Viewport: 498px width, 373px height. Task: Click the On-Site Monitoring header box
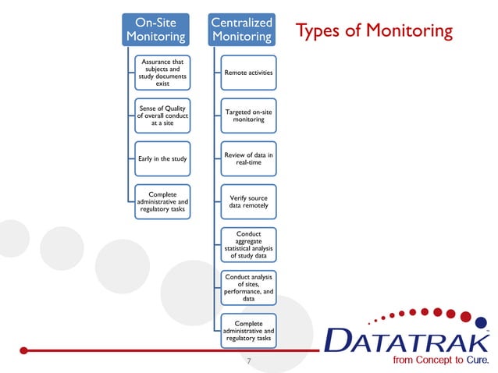pyautogui.click(x=156, y=29)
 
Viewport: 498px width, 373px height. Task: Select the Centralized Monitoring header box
pyautogui.click(x=241, y=29)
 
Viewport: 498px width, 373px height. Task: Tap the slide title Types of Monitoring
pyautogui.click(x=373, y=31)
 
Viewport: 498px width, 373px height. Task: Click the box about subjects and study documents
pyautogui.click(x=162, y=73)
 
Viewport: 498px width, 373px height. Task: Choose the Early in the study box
pyautogui.click(x=162, y=160)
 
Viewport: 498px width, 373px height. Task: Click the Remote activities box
pyautogui.click(x=248, y=73)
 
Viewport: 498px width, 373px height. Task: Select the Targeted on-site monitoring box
pyautogui.click(x=248, y=116)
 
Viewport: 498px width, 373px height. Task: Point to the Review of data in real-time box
pyautogui.click(x=248, y=159)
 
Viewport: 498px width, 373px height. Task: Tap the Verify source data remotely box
pyautogui.click(x=248, y=203)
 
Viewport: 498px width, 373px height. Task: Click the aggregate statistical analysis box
pyautogui.click(x=248, y=245)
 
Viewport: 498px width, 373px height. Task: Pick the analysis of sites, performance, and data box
pyautogui.click(x=248, y=288)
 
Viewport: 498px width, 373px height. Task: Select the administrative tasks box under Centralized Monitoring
pyautogui.click(x=248, y=331)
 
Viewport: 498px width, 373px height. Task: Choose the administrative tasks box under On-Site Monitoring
pyautogui.click(x=162, y=203)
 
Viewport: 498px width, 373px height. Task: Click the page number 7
pyautogui.click(x=248, y=362)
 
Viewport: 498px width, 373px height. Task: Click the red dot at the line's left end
pyautogui.click(x=24, y=350)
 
